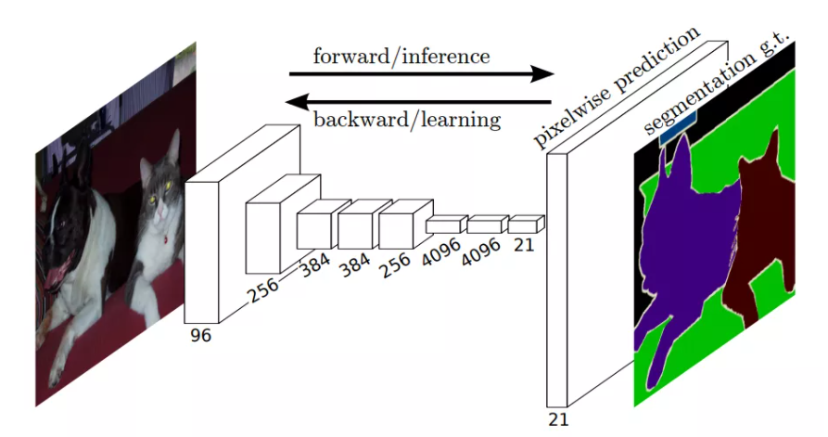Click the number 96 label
coord(199,335)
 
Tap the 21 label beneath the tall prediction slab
coord(557,419)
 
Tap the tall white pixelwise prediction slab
coord(557,278)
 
